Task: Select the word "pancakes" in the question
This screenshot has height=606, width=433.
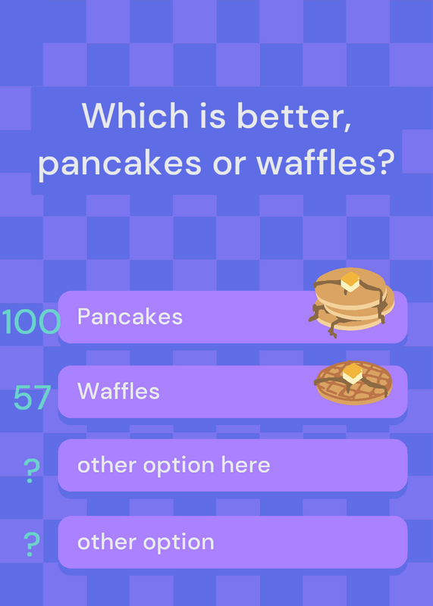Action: coord(120,163)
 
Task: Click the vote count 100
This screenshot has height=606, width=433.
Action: coord(31,321)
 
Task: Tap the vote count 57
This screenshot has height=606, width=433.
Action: coord(32,397)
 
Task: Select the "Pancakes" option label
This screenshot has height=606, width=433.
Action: coord(130,317)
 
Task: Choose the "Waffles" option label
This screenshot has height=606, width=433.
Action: coord(118,391)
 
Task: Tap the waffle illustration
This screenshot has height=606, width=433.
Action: coord(353,383)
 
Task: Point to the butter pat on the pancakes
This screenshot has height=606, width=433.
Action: coord(350,281)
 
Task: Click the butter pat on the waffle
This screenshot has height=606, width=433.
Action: coord(353,373)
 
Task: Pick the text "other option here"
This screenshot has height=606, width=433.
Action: coord(174,465)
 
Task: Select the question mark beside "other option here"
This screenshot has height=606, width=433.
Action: coord(32,470)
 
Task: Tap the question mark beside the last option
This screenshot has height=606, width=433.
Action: coord(32,544)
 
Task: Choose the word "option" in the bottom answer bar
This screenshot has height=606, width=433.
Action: coord(179,542)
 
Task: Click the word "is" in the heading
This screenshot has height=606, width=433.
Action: coord(212,116)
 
